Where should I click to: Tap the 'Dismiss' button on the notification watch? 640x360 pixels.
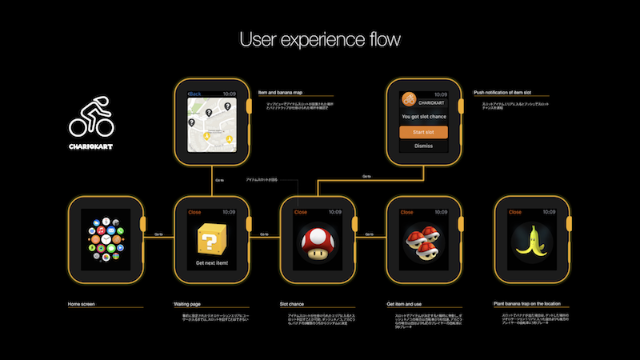tap(423, 146)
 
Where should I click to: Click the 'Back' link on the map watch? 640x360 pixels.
tap(194, 94)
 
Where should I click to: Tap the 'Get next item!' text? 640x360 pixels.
tap(211, 262)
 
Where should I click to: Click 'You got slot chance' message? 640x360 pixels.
tap(423, 117)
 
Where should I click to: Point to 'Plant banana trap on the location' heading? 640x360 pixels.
tap(531, 304)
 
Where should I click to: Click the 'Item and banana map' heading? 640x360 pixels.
tap(281, 92)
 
